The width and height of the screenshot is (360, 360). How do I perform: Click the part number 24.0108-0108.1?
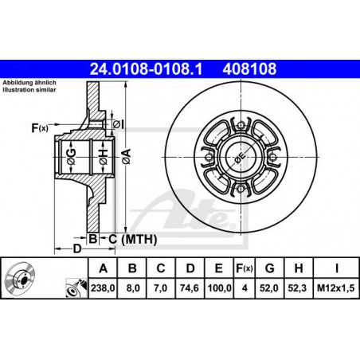pyautogui.click(x=146, y=69)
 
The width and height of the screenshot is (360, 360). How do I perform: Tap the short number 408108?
pyautogui.click(x=249, y=69)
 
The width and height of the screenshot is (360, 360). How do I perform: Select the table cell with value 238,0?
pyautogui.click(x=103, y=288)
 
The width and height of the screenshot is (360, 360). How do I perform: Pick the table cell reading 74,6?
pyautogui.click(x=190, y=288)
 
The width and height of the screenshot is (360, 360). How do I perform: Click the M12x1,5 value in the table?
pyautogui.click(x=336, y=288)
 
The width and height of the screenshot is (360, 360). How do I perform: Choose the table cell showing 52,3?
pyautogui.click(x=299, y=288)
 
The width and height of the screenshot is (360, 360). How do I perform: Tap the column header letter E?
pyautogui.click(x=218, y=268)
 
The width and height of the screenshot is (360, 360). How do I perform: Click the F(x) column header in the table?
pyautogui.click(x=245, y=268)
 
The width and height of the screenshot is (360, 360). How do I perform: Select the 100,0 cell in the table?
pyautogui.click(x=219, y=288)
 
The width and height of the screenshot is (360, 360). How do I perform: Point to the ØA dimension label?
pyautogui.click(x=127, y=157)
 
